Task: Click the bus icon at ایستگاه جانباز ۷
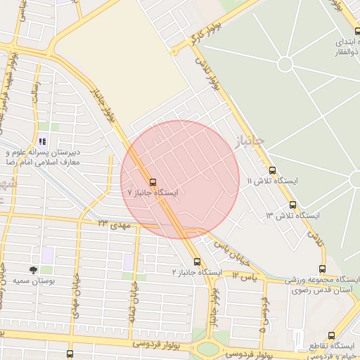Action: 153,181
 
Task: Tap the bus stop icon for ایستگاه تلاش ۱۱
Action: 273,170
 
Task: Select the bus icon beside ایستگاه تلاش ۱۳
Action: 292,205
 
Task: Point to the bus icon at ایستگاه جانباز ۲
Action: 198,262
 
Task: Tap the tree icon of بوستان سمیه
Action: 33,269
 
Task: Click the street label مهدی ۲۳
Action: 113,223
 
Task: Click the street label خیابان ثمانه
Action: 131,303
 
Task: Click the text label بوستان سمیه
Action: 33,281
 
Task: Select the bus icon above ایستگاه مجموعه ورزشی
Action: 322,268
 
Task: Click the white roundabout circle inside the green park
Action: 285,64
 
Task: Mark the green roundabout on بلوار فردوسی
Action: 209,349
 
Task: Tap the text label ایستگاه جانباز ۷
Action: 153,192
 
